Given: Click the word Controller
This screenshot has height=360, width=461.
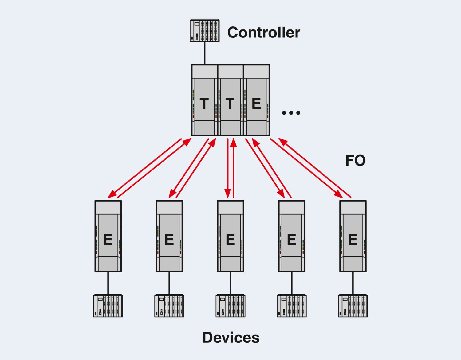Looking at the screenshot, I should pyautogui.click(x=263, y=33).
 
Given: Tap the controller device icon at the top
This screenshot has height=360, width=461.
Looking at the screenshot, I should pyautogui.click(x=204, y=30).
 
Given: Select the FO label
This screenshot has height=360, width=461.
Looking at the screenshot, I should pyautogui.click(x=355, y=160).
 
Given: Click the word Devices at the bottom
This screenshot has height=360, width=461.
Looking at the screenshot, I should pyautogui.click(x=231, y=338).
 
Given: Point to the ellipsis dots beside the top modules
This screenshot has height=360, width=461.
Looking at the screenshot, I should pyautogui.click(x=291, y=113).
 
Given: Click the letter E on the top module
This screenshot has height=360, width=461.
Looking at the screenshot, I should pyautogui.click(x=256, y=103).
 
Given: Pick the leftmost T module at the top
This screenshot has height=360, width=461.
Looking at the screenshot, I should pyautogui.click(x=204, y=100).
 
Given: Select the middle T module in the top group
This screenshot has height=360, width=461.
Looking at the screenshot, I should pyautogui.click(x=230, y=100).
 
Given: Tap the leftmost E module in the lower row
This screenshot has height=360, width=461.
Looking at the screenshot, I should pyautogui.click(x=108, y=236).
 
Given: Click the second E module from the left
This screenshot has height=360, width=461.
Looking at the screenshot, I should pyautogui.click(x=169, y=236).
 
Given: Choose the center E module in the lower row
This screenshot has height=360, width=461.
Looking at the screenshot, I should pyautogui.click(x=230, y=236).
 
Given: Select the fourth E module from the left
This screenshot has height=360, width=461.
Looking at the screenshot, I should pyautogui.click(x=291, y=236).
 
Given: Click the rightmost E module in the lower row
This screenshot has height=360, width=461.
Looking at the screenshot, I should pyautogui.click(x=353, y=236).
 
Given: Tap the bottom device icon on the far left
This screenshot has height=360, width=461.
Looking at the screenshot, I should pyautogui.click(x=108, y=306).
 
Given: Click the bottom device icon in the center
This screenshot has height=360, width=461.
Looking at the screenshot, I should pyautogui.click(x=230, y=306).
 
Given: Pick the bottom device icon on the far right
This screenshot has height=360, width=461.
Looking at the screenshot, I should pyautogui.click(x=353, y=306).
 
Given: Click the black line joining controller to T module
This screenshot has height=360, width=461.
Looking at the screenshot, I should pyautogui.click(x=204, y=53).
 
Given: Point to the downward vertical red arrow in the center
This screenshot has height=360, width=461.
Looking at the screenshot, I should pyautogui.click(x=228, y=167).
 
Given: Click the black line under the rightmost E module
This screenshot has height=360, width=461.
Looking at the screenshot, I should pyautogui.click(x=353, y=283).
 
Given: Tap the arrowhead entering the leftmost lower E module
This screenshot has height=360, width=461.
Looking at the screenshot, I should pyautogui.click(x=112, y=195).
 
